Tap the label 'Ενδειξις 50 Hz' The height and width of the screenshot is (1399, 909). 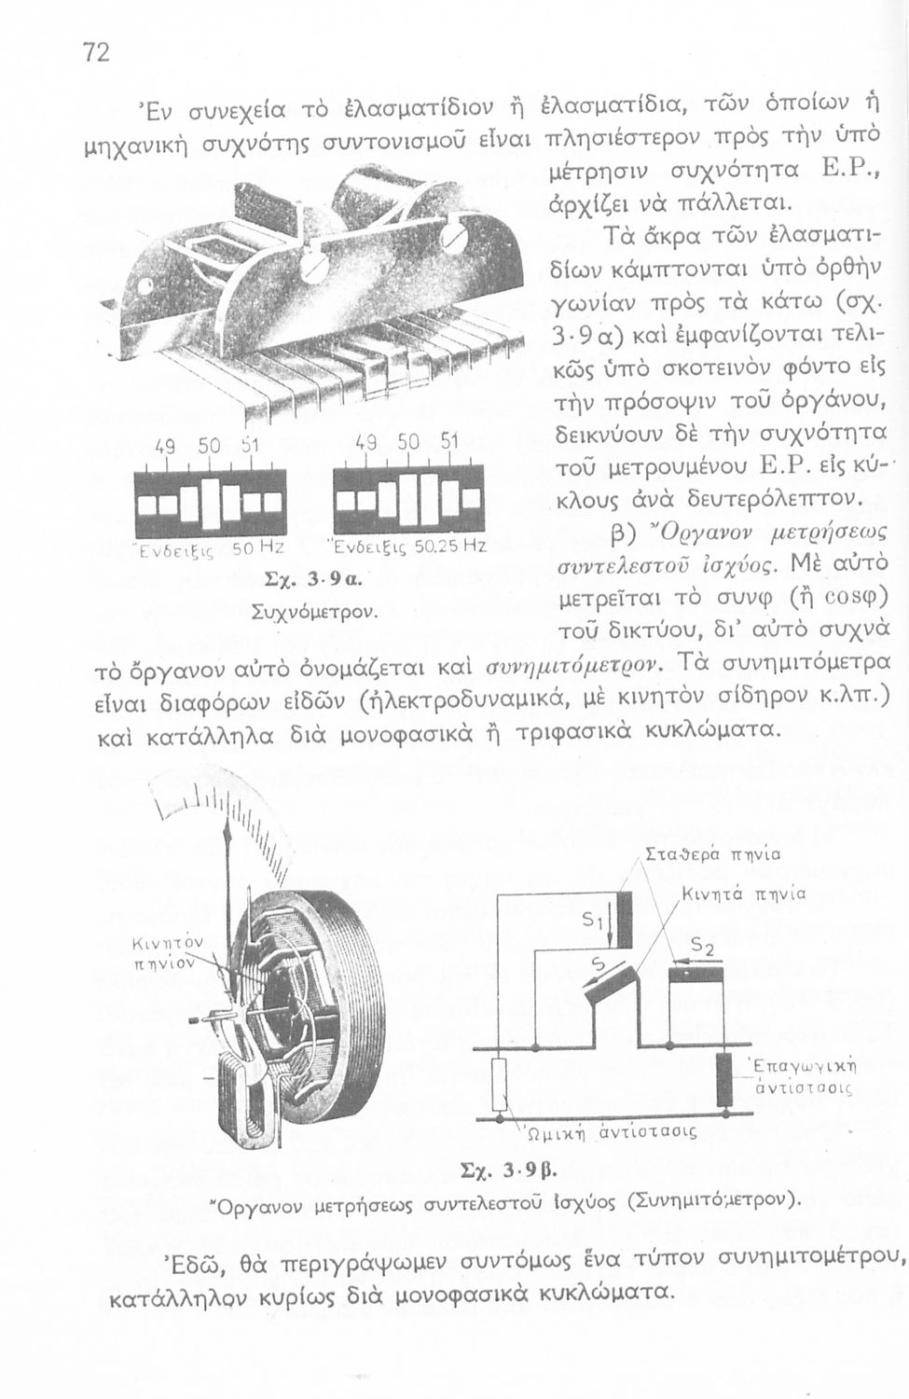212,547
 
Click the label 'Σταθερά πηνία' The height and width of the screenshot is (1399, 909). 713,852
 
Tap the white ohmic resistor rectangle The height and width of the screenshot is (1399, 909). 500,1084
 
